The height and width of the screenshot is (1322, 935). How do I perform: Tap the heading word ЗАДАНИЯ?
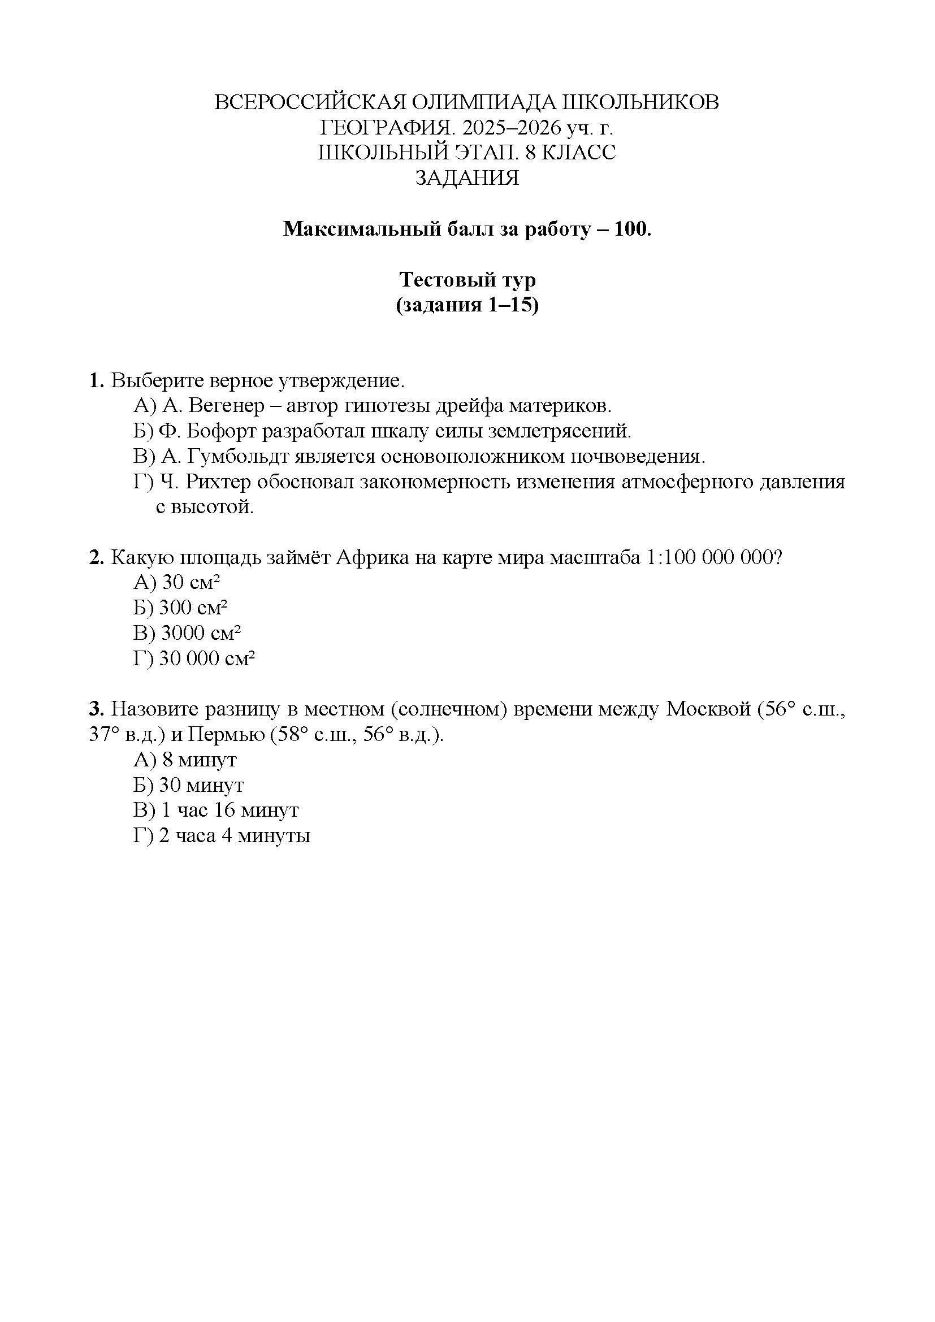click(467, 178)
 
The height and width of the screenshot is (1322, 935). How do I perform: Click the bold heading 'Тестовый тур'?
click(467, 280)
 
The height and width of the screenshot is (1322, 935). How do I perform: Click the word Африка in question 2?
click(371, 557)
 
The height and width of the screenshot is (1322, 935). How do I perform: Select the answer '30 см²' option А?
click(191, 583)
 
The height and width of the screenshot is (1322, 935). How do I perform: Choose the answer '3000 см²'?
click(200, 634)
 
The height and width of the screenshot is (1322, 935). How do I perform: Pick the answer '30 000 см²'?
click(207, 658)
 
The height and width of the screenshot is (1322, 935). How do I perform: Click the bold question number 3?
click(96, 709)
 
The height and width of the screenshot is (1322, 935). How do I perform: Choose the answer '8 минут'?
click(198, 760)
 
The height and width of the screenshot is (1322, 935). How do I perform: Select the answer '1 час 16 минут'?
click(230, 810)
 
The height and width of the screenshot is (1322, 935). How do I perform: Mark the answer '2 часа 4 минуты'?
click(235, 835)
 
